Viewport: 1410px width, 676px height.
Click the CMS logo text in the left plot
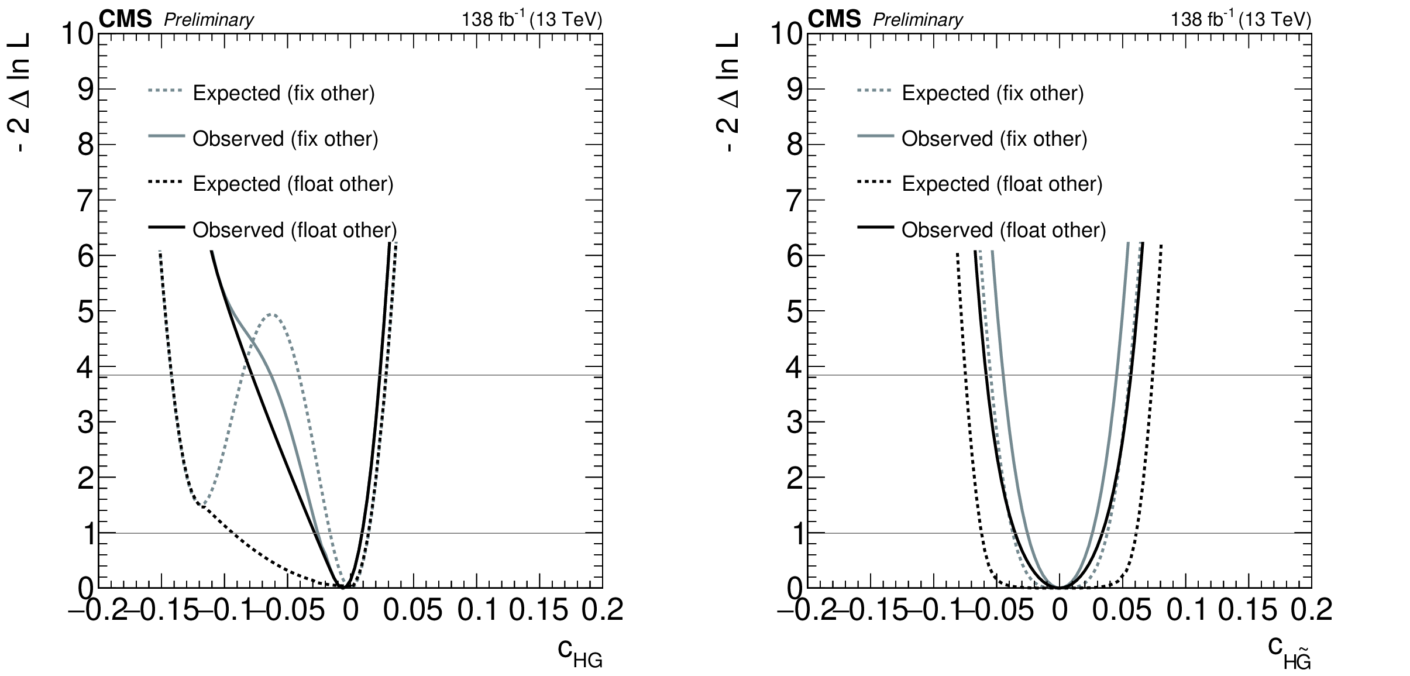(125, 20)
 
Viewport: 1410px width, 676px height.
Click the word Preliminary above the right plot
(917, 20)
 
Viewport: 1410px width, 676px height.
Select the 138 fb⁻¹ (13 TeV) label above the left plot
(531, 20)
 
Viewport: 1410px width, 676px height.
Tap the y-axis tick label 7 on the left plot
(85, 200)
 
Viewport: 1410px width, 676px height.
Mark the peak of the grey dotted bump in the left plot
(271, 314)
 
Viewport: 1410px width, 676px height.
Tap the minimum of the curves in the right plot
(1060, 587)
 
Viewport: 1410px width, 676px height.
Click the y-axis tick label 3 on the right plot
(795, 422)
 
